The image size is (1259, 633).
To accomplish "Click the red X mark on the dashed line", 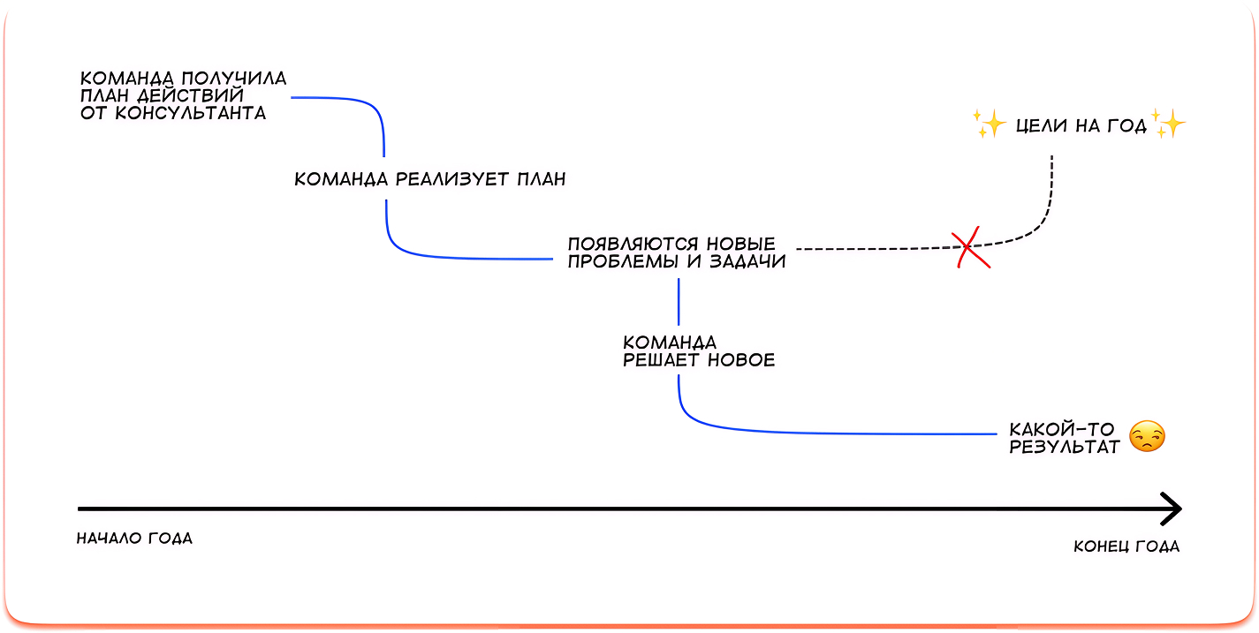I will pos(970,248).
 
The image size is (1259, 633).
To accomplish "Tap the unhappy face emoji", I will pos(1148,437).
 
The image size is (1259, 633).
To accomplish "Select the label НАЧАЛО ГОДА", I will pos(134,538).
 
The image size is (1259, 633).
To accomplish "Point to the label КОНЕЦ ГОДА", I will pos(1126,546).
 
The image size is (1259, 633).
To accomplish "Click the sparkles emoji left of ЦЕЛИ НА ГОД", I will pos(990,124).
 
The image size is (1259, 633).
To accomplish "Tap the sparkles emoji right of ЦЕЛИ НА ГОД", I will pos(1168,124).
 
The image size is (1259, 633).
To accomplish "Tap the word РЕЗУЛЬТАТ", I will pos(1065,446).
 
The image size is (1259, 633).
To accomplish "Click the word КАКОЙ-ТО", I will pos(1062,429).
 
